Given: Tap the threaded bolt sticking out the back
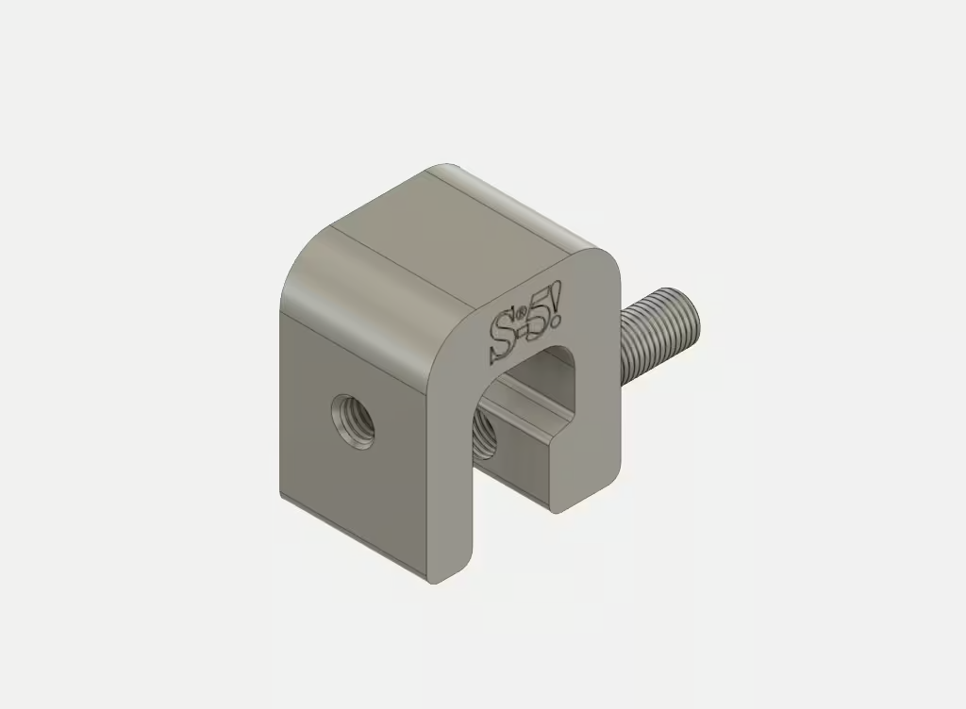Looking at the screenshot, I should coord(656,330).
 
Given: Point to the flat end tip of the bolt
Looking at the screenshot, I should coord(692,317).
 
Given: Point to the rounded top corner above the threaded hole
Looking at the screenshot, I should coord(311,273).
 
